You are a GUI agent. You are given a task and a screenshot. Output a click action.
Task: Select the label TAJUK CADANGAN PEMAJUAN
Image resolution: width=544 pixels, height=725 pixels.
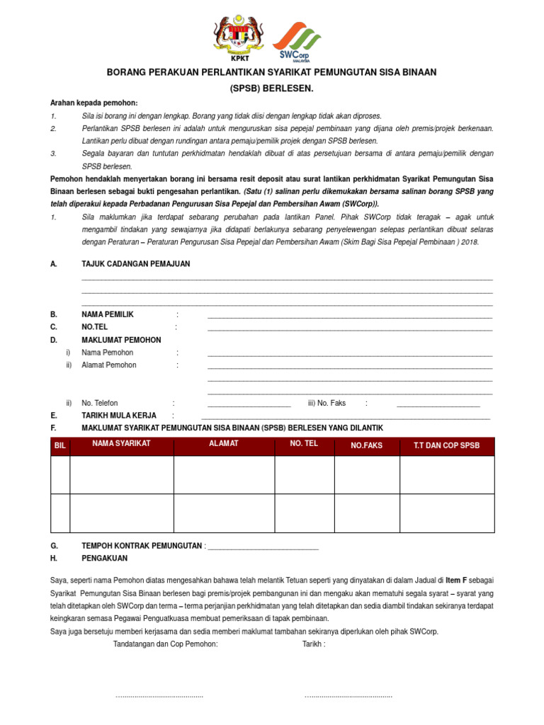(x=136, y=264)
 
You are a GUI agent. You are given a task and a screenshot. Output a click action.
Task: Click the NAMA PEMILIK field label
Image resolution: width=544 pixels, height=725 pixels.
(x=108, y=314)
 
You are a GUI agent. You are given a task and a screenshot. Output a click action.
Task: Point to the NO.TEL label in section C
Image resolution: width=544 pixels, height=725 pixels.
(x=95, y=327)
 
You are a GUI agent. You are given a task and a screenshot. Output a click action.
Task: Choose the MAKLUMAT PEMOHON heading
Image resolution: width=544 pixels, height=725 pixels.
(x=121, y=340)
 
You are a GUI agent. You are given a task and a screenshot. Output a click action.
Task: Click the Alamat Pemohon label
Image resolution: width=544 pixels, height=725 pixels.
(x=109, y=365)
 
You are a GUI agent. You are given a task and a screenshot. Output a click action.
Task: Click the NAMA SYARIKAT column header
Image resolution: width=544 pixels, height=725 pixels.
(x=121, y=443)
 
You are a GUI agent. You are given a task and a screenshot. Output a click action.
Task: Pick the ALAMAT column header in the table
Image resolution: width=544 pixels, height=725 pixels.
(x=224, y=443)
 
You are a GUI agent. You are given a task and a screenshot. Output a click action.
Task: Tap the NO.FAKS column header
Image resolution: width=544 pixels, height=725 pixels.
(x=367, y=446)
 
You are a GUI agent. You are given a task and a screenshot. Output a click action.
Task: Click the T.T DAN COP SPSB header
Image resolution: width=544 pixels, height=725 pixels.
(x=446, y=446)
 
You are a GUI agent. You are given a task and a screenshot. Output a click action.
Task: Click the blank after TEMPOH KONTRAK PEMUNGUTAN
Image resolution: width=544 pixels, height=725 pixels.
(x=263, y=547)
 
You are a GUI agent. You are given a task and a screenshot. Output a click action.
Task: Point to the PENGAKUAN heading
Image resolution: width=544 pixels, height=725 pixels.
(x=108, y=559)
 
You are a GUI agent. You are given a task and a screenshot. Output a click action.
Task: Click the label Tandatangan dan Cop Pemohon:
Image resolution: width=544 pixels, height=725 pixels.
(x=166, y=644)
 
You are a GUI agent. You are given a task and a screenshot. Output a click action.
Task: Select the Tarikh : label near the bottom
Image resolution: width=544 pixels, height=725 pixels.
(x=314, y=644)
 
